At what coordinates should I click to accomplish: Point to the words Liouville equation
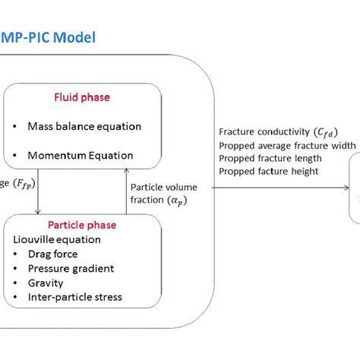pyautogui.click(x=58, y=218)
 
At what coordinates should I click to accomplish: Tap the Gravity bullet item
pyautogui.click(x=48, y=262)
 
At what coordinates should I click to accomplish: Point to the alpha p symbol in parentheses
pyautogui.click(x=178, y=201)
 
